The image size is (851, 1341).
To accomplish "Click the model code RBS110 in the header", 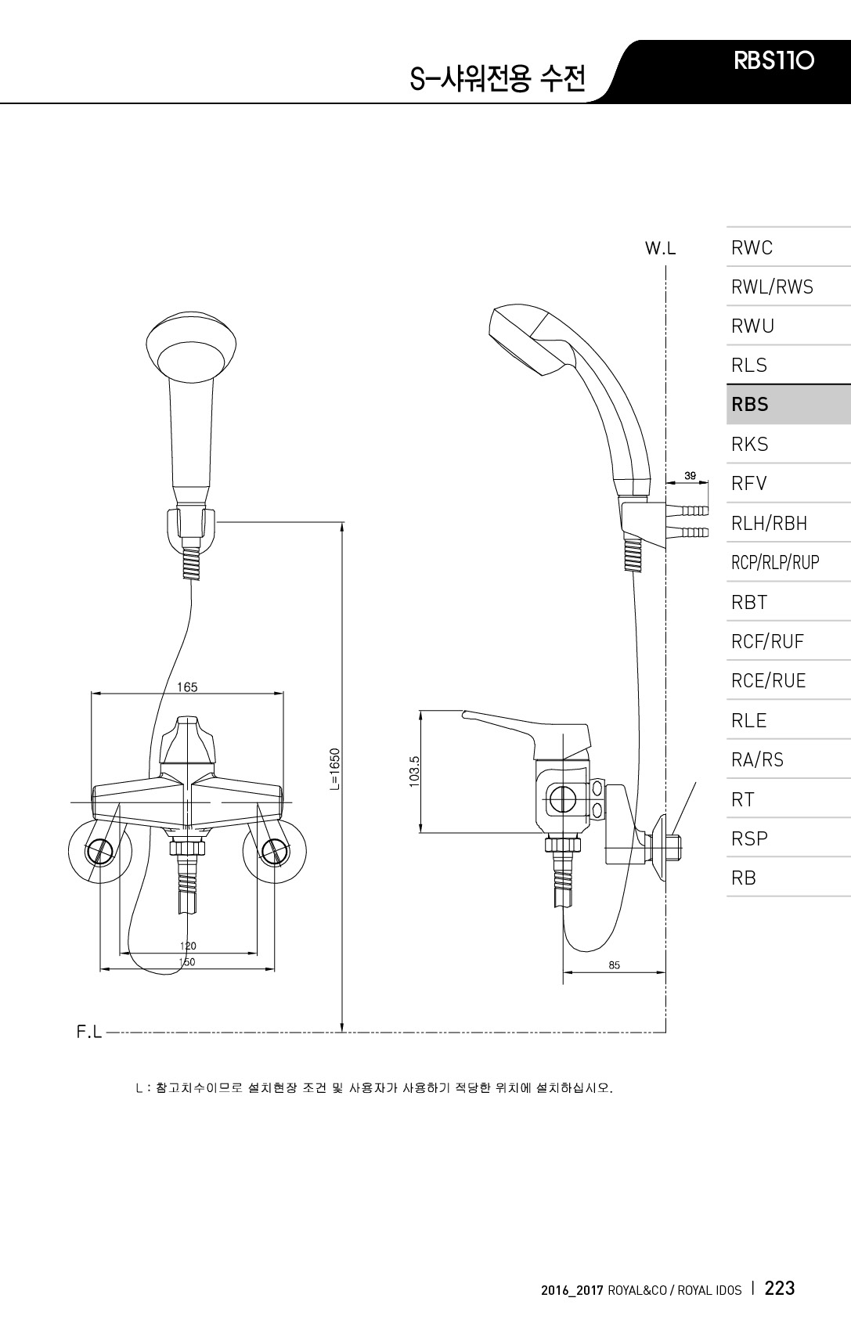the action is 773,60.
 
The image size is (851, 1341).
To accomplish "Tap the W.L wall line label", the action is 661,248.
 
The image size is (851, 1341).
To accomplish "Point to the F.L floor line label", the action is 89,1032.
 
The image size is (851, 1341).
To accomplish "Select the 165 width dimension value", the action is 187,687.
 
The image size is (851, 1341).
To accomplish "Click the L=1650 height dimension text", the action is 335,769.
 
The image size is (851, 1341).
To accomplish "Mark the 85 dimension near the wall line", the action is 614,965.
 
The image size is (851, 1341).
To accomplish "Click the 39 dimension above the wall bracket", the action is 690,476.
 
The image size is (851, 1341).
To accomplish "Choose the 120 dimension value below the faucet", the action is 188,946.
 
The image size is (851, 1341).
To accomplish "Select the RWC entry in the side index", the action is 752,247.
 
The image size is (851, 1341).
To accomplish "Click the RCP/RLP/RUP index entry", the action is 775,562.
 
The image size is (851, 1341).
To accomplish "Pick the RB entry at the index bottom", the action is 744,878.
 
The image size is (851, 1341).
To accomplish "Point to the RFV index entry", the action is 748,483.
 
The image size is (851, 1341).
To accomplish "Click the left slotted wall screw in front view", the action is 101,851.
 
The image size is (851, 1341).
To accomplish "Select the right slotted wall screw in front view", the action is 275,851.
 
